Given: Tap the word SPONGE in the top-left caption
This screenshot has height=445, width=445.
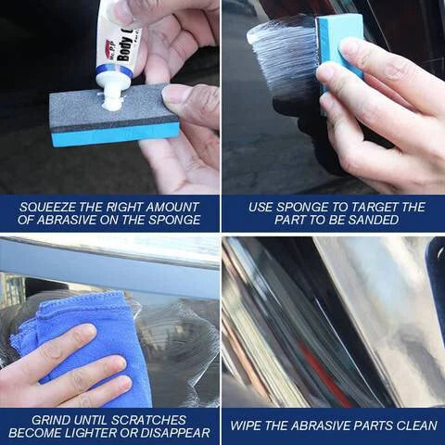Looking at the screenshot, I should [174, 221].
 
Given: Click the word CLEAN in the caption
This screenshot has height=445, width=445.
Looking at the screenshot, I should [412, 425].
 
